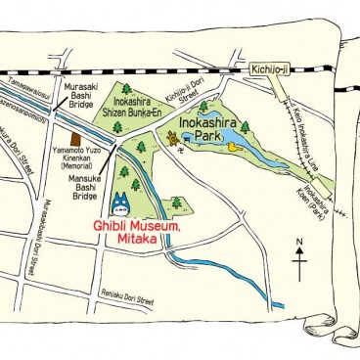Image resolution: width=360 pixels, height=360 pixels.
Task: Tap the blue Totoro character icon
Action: click(x=119, y=203)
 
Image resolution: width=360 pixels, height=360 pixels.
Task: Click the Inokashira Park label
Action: click(x=208, y=129)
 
